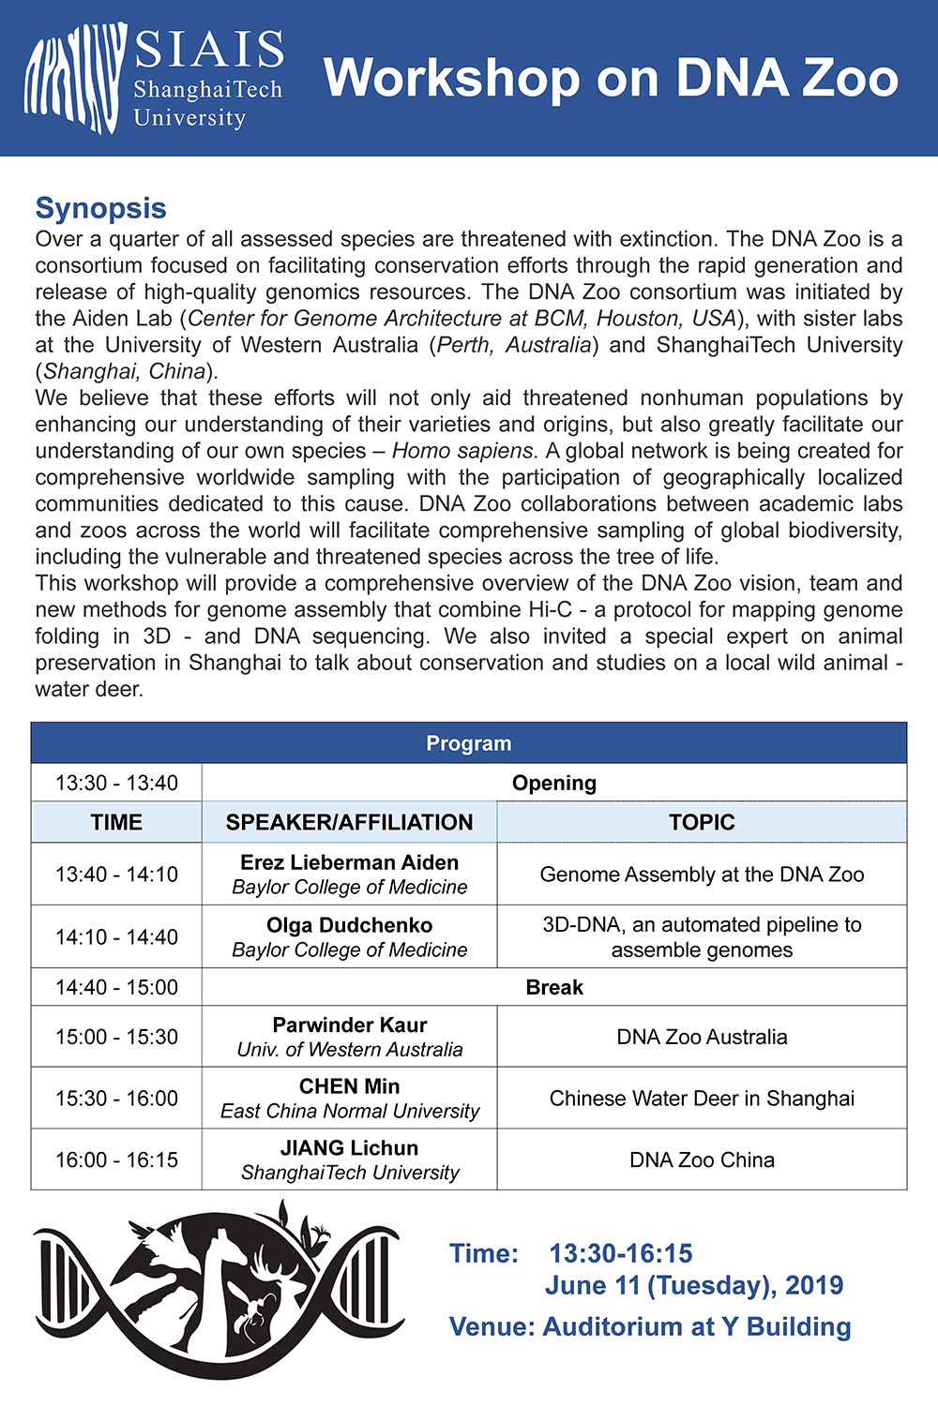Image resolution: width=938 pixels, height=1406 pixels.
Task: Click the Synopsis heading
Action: (100, 208)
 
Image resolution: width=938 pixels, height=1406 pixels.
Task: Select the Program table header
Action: (468, 743)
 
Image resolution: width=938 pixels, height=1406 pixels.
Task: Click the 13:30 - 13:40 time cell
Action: (116, 783)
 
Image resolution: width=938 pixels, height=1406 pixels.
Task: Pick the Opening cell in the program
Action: (553, 783)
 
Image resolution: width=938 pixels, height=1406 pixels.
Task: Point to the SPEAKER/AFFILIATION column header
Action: (349, 822)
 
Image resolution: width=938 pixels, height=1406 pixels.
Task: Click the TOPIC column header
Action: (702, 822)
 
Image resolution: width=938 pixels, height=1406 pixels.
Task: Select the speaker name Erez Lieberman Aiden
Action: (349, 862)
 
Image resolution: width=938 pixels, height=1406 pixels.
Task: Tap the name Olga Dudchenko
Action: (349, 925)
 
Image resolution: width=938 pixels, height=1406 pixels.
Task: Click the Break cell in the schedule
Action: (553, 987)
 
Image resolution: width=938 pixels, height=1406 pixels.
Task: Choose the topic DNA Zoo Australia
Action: (702, 1037)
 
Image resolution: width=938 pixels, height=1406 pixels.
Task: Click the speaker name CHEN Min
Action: (349, 1086)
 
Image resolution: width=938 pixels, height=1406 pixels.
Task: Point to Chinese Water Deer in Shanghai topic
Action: (702, 1099)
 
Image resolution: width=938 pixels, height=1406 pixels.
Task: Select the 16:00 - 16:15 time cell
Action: (116, 1159)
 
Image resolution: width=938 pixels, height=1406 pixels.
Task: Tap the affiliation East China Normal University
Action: (349, 1112)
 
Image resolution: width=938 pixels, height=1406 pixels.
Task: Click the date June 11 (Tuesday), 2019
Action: (694, 1285)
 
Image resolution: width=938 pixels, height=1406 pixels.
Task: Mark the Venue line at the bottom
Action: (650, 1326)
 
